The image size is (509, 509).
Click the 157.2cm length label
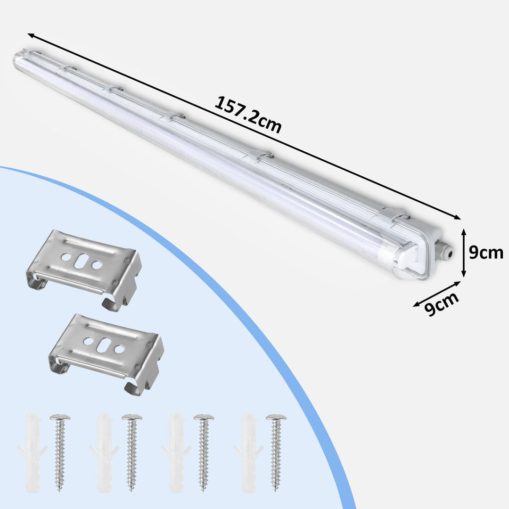pos(248,115)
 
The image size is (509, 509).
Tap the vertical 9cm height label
pos(486,253)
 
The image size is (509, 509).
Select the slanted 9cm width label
pos(442,304)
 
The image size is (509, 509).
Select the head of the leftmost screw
pos(60,418)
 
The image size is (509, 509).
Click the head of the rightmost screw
pos(276,418)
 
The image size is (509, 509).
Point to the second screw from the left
pos(132,452)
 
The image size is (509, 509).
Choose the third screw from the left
pos(204,452)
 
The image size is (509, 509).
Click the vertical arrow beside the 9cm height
pos(463,253)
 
